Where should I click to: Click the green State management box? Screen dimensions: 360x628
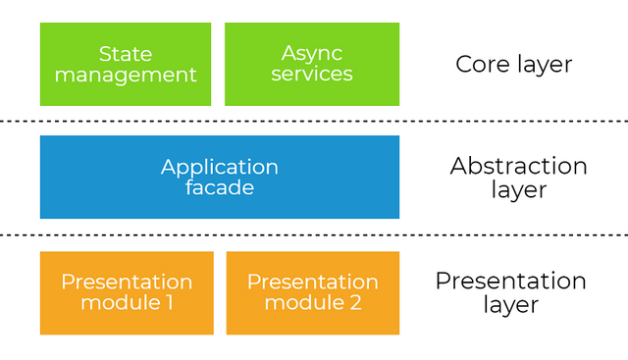[126, 64]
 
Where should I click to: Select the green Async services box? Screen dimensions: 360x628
[312, 64]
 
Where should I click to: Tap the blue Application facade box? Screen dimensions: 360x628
[220, 177]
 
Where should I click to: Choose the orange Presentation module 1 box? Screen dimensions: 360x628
[127, 292]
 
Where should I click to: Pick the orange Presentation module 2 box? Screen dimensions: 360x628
[313, 292]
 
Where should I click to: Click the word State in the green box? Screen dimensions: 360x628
[125, 52]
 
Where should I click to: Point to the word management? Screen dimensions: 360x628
[126, 75]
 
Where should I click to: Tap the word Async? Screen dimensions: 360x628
[311, 52]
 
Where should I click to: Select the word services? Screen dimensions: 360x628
[312, 74]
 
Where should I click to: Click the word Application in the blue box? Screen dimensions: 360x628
[220, 167]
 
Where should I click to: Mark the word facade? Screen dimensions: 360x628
[220, 187]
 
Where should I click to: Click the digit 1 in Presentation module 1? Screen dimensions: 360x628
[168, 303]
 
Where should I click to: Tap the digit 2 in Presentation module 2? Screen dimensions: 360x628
[353, 303]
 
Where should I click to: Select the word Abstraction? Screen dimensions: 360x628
[518, 166]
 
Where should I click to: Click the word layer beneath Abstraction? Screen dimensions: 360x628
[518, 189]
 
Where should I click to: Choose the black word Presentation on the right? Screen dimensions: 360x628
[510, 282]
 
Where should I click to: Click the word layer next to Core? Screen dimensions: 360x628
[546, 65]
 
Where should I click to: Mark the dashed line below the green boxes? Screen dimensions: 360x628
[314, 121]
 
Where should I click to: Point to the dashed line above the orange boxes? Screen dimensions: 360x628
[314, 234]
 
